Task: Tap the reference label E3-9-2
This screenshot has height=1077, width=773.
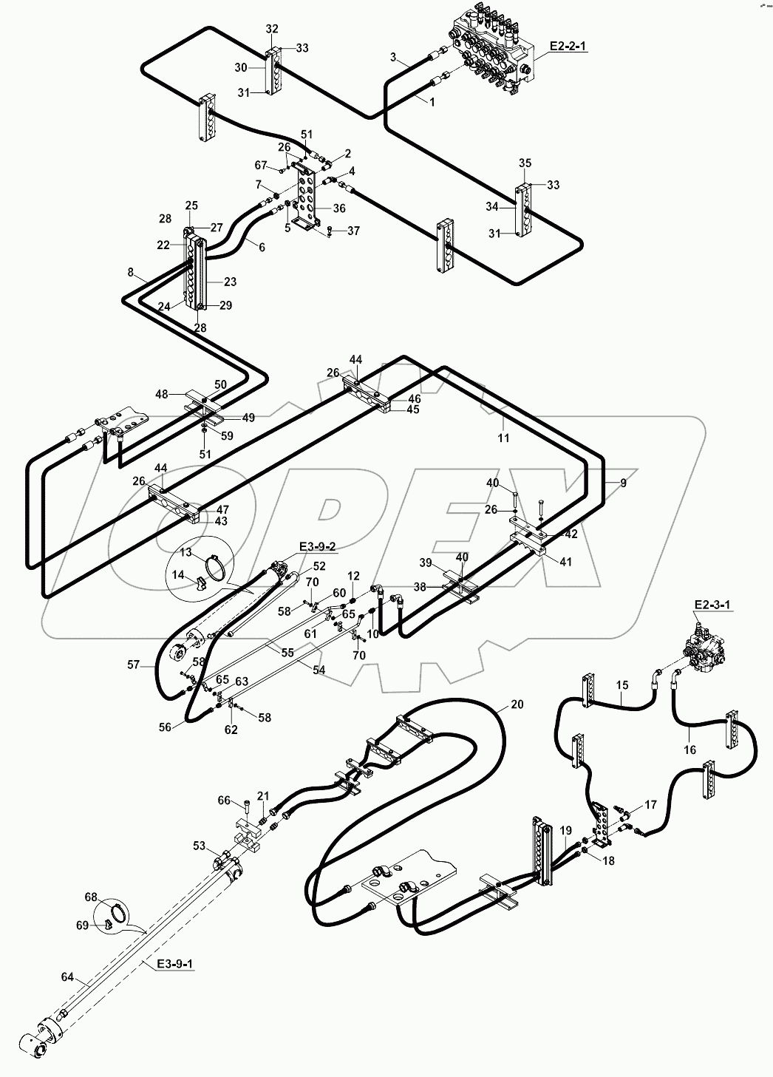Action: (318, 546)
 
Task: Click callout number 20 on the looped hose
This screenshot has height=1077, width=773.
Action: (517, 704)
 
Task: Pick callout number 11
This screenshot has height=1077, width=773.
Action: (503, 438)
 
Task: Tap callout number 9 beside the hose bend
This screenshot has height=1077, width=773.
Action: (623, 483)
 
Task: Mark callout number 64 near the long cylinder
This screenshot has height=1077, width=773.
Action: (67, 978)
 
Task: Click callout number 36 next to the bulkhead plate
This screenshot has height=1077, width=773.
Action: (339, 208)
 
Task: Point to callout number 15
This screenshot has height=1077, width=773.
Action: (622, 685)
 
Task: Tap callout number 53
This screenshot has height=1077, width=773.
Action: (199, 845)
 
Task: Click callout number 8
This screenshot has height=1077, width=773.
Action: (130, 273)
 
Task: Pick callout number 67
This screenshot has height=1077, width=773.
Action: (261, 164)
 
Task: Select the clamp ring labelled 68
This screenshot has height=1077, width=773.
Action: (112, 908)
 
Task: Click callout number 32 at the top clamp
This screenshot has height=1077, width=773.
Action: (272, 29)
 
